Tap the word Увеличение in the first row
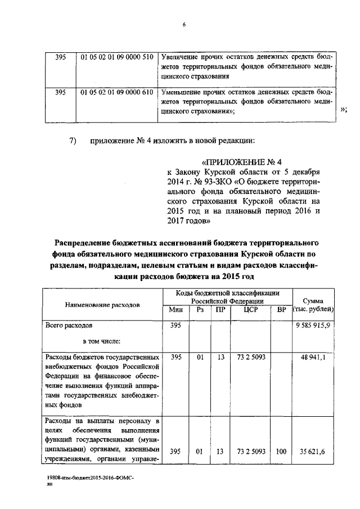pos(180,57)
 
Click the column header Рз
pos(199,309)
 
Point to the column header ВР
pos(281,309)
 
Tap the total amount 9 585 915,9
pos(313,325)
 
